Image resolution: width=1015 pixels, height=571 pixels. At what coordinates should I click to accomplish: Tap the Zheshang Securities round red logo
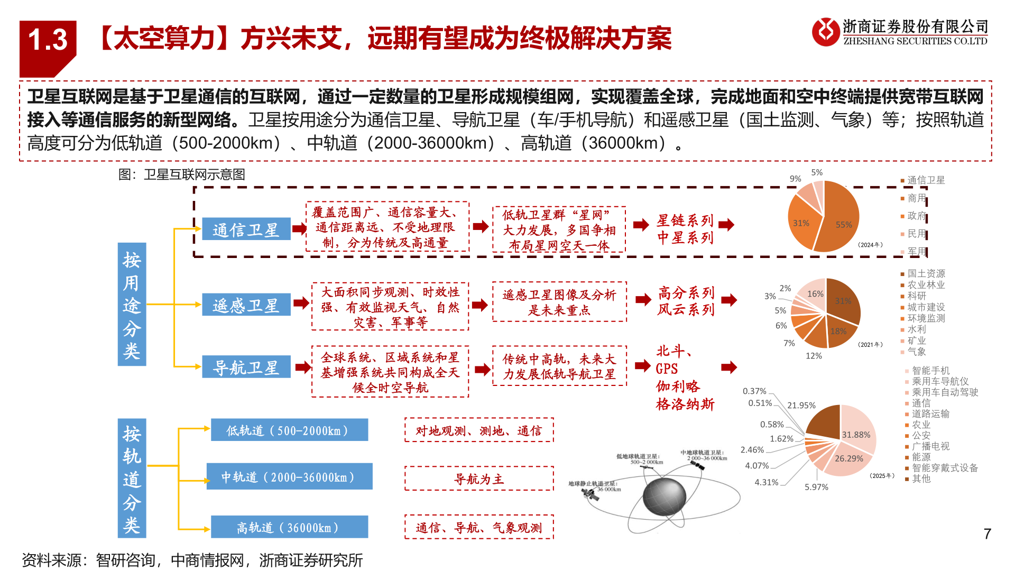click(826, 32)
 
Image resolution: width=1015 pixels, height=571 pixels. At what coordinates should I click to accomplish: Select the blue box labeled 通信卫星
click(246, 229)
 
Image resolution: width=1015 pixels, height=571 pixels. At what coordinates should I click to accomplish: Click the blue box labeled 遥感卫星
click(246, 305)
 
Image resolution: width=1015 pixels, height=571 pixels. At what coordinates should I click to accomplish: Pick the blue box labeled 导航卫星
click(246, 367)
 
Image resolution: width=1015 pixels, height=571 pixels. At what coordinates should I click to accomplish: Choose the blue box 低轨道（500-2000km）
click(289, 430)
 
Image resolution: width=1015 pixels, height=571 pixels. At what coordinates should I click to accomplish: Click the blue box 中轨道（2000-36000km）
click(289, 477)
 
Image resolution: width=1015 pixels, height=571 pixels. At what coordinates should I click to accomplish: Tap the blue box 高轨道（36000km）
click(289, 527)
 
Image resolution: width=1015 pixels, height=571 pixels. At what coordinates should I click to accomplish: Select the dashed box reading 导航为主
click(479, 479)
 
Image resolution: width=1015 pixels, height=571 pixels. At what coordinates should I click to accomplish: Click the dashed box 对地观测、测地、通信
click(479, 430)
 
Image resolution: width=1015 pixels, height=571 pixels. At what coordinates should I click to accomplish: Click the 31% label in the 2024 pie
click(801, 223)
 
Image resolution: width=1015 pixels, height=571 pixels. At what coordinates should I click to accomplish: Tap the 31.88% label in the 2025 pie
click(856, 435)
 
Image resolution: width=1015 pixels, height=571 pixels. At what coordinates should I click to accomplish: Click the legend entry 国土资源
click(926, 273)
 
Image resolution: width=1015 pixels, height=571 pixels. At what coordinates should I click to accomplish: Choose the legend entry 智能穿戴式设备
click(944, 468)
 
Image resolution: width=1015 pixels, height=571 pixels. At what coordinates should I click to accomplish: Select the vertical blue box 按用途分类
click(132, 305)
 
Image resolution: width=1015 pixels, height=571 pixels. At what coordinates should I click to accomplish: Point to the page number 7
click(987, 534)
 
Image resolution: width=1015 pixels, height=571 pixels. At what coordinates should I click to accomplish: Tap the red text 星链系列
click(685, 220)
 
